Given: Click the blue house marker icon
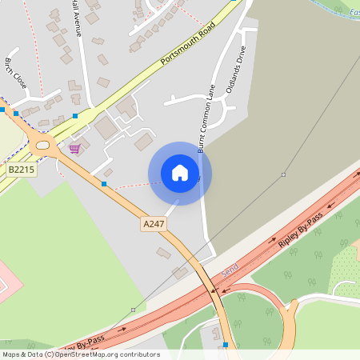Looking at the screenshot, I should [x=180, y=173].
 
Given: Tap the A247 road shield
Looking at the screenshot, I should [x=153, y=224].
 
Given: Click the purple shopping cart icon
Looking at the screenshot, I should [x=74, y=149].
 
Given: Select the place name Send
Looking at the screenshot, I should [x=230, y=274].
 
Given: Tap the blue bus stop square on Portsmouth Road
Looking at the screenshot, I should [x=75, y=116].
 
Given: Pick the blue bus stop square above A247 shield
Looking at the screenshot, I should [x=104, y=184].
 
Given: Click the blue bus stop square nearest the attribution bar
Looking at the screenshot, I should [x=226, y=345].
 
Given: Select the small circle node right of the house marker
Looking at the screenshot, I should [x=283, y=174].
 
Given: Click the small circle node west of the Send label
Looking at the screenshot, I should [x=133, y=309].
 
